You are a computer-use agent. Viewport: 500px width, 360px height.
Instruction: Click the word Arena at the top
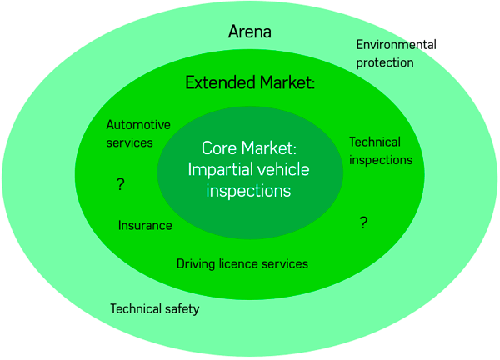pos(250,32)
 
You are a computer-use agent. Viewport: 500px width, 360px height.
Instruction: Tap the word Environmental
pos(396,45)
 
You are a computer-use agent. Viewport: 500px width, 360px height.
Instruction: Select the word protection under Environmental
pos(385,62)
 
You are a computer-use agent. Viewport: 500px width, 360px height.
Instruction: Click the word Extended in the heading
pos(218,82)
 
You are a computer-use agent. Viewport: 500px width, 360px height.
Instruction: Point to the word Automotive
pos(138,125)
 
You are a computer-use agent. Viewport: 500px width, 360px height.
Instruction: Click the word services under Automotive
pos(130,142)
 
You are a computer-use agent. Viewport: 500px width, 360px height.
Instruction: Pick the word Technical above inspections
pos(374,142)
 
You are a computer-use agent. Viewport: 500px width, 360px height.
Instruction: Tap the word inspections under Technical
pos(381,159)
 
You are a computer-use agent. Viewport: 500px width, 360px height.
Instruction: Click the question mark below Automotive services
pos(121,185)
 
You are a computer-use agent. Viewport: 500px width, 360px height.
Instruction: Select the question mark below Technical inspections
pos(363,222)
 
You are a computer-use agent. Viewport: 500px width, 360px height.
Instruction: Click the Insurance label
pos(145,225)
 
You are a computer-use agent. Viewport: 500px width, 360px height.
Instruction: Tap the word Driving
pos(196,264)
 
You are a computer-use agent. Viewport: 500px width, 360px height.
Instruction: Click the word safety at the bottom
pos(182,309)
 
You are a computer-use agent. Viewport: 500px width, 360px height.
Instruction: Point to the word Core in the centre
pos(219,148)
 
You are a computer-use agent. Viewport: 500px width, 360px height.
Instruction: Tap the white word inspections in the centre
pos(249,190)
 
